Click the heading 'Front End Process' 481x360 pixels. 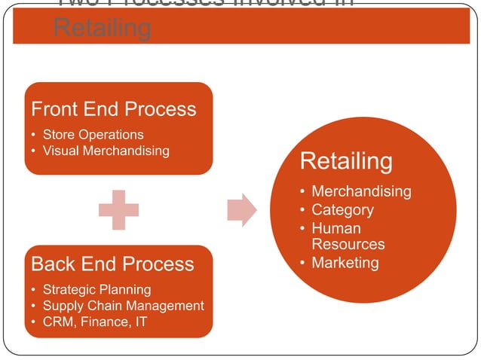(x=113, y=109)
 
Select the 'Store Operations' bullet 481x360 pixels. (x=93, y=135)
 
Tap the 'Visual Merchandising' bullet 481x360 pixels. (x=106, y=151)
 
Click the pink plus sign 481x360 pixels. (x=118, y=210)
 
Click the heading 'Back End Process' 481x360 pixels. (x=112, y=264)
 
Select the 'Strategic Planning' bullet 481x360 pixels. (x=97, y=289)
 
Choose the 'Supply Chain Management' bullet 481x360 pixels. (x=123, y=305)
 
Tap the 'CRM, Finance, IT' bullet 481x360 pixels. (x=95, y=322)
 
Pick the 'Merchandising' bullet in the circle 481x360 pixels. (x=361, y=191)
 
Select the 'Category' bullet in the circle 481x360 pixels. (x=342, y=209)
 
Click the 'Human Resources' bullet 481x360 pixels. (x=348, y=236)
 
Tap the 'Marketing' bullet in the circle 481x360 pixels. (x=345, y=262)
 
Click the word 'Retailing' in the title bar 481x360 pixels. (x=102, y=29)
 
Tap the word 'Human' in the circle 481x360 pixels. (x=336, y=227)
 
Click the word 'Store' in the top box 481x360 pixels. (x=59, y=135)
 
